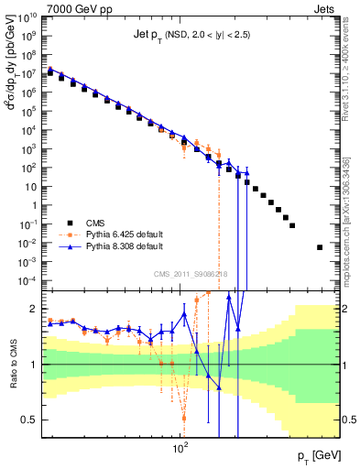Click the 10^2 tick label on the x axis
[180, 448]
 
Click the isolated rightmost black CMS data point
[320, 247]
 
